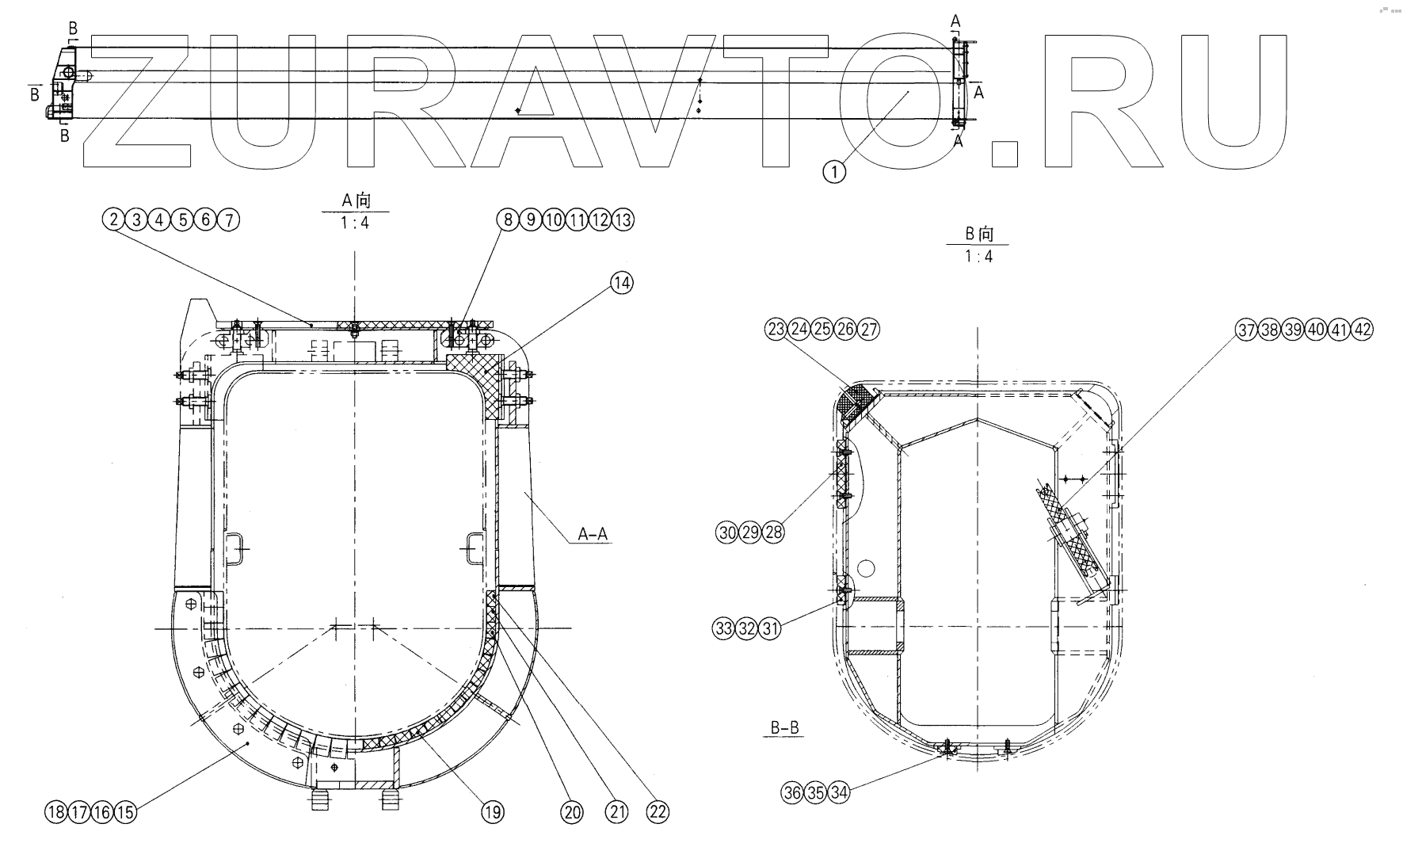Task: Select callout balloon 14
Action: tap(622, 283)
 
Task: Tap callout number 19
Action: tap(493, 811)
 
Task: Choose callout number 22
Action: tap(658, 811)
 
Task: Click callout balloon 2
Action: tap(113, 219)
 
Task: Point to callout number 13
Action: tap(623, 219)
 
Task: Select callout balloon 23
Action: tap(776, 329)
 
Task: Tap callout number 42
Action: tap(1362, 329)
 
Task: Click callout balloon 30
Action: tap(727, 532)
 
